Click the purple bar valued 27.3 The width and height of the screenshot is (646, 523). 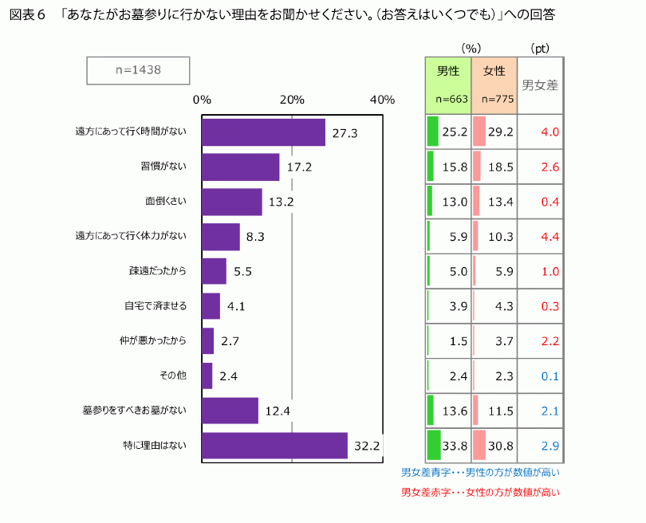[x=263, y=132]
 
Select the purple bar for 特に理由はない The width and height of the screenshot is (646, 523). [x=274, y=446]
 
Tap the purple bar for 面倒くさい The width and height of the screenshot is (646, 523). [x=231, y=202]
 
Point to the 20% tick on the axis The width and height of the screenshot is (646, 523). [x=292, y=100]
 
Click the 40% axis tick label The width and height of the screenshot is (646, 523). [x=383, y=100]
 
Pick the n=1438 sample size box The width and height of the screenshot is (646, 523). [x=138, y=70]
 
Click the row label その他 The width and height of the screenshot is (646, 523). [x=174, y=376]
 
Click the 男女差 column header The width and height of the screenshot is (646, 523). [x=540, y=85]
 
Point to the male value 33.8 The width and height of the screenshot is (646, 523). [x=455, y=446]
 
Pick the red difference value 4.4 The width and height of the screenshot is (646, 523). [x=549, y=236]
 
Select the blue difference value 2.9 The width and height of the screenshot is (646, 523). [x=549, y=446]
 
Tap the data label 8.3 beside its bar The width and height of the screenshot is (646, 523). [x=255, y=237]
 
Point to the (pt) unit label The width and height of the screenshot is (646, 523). [x=540, y=48]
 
